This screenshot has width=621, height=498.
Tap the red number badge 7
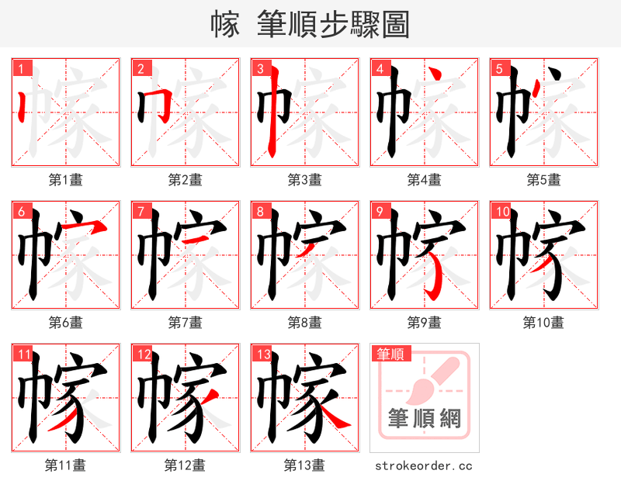click(141, 211)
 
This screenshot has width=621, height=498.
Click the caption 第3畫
click(304, 179)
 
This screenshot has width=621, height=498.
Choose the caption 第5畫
click(543, 179)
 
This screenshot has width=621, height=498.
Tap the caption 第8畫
click(304, 322)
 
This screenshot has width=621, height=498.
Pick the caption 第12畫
click(185, 465)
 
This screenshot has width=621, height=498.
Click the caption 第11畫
click(65, 465)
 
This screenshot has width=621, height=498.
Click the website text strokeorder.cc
click(423, 465)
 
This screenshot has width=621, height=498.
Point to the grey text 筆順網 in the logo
click(424, 419)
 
